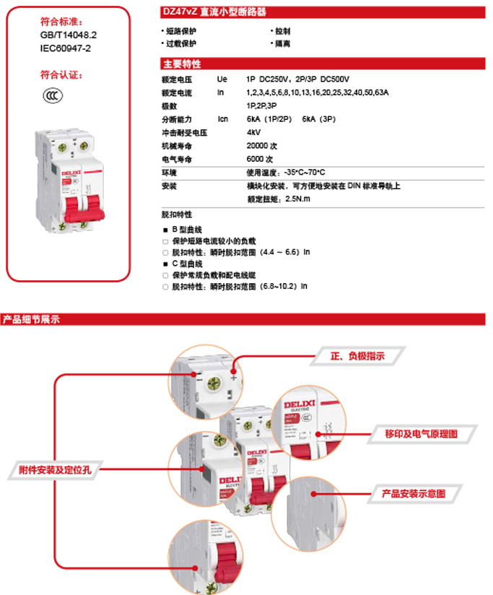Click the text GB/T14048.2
point(69,34)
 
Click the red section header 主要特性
point(181,64)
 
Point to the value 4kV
point(253,133)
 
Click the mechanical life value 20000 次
point(260,146)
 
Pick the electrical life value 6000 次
point(260,159)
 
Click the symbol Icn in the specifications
point(223,119)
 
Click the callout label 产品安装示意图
point(413,495)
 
